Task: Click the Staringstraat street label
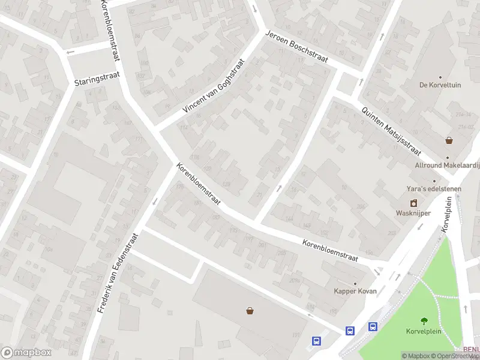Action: pos(97,79)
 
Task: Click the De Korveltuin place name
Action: pos(440,85)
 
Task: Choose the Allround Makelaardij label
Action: pos(447,165)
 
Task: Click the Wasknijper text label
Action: pos(413,213)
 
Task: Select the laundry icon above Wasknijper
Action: pos(413,203)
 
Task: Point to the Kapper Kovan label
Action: pos(355,292)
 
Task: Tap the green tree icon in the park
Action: pos(425,320)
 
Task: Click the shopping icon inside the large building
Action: pos(250,310)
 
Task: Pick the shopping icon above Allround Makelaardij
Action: pos(449,140)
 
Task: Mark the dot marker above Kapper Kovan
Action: pos(355,283)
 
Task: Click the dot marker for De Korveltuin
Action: pos(440,77)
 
